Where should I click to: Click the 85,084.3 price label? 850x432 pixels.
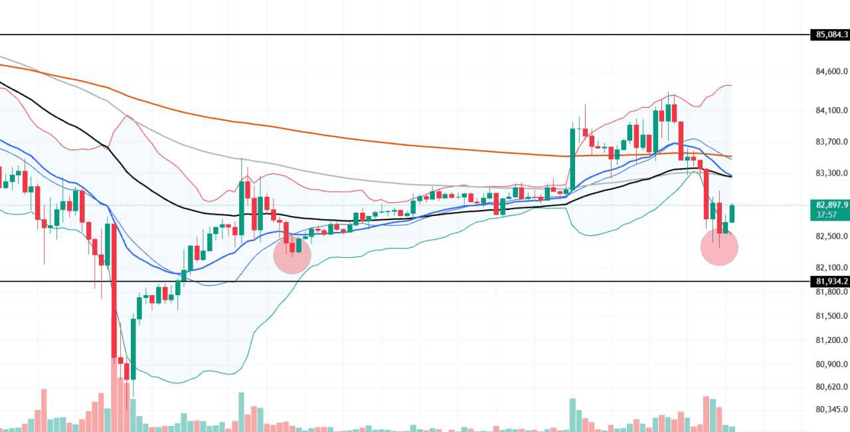point(830,35)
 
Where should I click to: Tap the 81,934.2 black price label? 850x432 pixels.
point(830,281)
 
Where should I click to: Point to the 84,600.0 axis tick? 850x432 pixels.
point(831,71)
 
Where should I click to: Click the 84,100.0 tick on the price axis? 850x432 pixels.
point(831,110)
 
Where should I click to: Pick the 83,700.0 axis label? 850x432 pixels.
point(831,142)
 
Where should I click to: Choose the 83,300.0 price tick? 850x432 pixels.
point(831,173)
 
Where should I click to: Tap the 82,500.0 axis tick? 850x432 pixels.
point(831,237)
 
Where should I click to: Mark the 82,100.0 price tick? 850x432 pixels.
point(831,268)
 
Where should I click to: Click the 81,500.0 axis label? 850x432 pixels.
point(831,316)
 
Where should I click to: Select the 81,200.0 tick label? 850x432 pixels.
point(831,340)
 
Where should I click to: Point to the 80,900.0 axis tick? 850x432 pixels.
point(831,364)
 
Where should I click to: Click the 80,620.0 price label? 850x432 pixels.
point(831,387)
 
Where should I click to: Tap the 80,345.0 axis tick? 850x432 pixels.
point(831,409)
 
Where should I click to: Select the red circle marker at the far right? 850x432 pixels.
point(719,247)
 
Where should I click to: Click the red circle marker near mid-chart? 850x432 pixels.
point(292,255)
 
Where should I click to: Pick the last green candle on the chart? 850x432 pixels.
point(732,214)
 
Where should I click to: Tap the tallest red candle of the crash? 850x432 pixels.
point(114,291)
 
